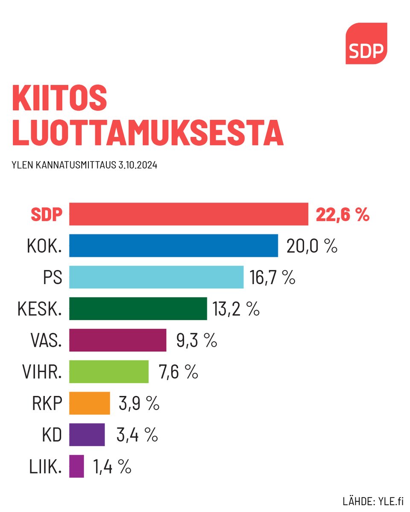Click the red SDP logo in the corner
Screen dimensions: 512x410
(x=366, y=44)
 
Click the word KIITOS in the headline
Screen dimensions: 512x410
(x=59, y=98)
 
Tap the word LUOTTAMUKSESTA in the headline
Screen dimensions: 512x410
(x=148, y=133)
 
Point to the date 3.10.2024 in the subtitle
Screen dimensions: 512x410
(x=137, y=165)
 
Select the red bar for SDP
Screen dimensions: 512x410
(x=188, y=214)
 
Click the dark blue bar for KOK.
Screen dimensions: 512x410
(x=173, y=245)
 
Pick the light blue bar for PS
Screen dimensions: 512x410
(x=156, y=277)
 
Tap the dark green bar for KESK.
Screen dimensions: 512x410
(x=138, y=308)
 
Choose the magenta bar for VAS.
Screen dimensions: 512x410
(x=117, y=340)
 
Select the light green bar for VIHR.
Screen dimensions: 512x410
(x=109, y=372)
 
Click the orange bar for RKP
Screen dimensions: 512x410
(x=89, y=403)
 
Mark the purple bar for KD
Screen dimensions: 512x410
(x=87, y=435)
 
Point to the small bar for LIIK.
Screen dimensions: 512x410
(x=76, y=466)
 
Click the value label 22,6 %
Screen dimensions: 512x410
(x=342, y=215)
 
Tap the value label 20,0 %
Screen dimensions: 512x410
(x=312, y=246)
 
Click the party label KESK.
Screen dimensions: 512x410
(x=40, y=309)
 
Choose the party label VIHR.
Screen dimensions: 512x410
(x=42, y=372)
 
